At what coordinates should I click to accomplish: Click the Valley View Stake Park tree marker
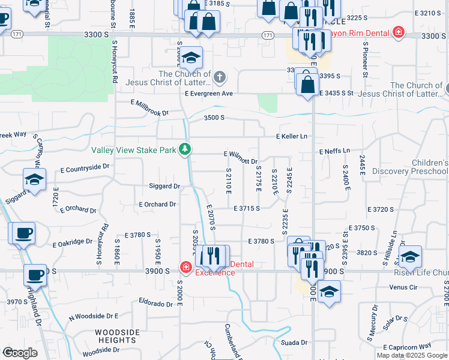[x=186, y=149]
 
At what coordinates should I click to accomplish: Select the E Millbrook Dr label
[x=150, y=107]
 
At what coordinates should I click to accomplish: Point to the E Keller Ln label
[x=291, y=137]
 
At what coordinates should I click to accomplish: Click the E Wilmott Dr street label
[x=240, y=158]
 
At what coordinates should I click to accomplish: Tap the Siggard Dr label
[x=164, y=187]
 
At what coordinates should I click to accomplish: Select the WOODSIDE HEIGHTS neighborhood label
[x=116, y=336]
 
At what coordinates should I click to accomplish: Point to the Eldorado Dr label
[x=156, y=301]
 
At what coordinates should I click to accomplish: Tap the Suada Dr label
[x=294, y=343]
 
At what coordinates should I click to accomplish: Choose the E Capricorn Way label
[x=410, y=346]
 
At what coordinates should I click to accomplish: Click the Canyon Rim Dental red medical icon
[x=398, y=32]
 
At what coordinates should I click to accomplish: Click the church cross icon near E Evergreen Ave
[x=220, y=77]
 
